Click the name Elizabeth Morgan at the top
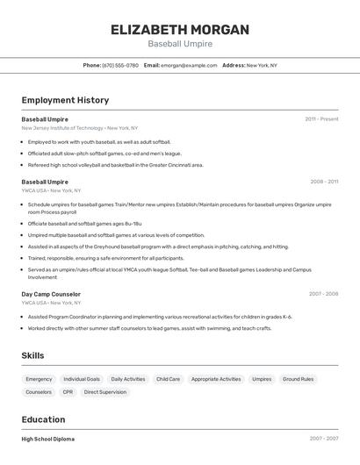179,29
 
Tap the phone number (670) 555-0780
120,65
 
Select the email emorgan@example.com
189,65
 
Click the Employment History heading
65,100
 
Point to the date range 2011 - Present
321,118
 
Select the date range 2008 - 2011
324,182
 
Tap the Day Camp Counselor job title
51,294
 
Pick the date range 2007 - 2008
323,294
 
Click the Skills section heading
33,354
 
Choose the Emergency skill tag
39,379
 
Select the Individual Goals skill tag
82,379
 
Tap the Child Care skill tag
168,379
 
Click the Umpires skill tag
262,379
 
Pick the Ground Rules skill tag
298,379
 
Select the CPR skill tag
68,392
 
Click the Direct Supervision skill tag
105,392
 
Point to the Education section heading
43,419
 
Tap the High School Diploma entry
47,439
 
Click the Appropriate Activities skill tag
216,379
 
